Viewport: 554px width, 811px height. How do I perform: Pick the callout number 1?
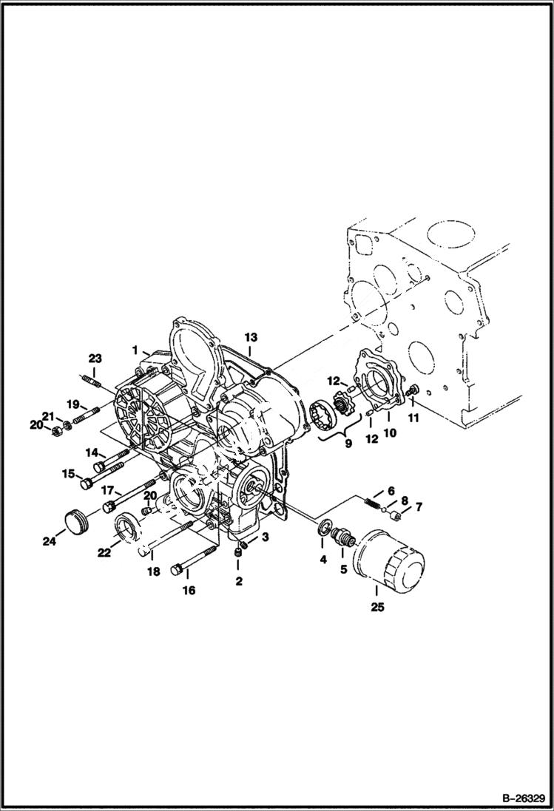135,349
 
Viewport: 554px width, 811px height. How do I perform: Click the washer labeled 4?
324,529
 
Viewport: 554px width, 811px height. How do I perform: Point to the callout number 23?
95,359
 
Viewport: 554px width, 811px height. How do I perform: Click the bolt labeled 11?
413,390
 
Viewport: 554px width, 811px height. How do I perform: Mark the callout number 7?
418,506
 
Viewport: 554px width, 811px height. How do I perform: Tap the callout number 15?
68,474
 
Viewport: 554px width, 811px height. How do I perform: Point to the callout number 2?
239,581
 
